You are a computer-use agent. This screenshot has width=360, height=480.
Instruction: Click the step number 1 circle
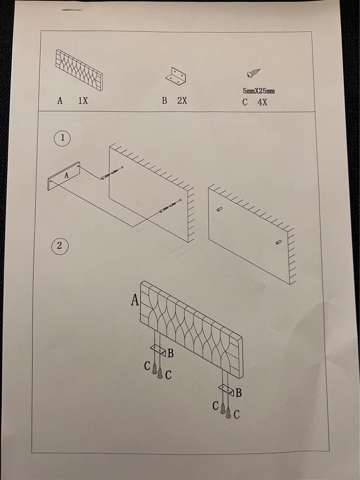click(62, 138)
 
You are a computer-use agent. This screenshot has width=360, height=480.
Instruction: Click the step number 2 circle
click(60, 246)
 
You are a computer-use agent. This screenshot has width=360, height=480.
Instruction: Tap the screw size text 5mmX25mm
click(259, 91)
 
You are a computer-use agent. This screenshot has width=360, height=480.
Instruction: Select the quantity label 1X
click(83, 100)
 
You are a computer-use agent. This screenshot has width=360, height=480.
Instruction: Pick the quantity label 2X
click(182, 100)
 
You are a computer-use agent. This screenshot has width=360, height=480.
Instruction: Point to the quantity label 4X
click(262, 102)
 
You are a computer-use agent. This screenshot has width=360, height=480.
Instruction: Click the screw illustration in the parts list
click(253, 74)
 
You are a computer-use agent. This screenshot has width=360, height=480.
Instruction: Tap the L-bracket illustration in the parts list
click(176, 76)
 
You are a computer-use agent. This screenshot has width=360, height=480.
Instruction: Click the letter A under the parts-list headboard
click(60, 100)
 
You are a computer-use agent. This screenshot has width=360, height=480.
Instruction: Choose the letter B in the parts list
click(164, 100)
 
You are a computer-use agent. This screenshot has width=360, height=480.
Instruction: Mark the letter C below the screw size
click(245, 102)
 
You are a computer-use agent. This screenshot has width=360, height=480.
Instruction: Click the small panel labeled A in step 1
click(64, 176)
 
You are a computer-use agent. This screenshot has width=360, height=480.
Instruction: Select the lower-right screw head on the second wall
click(278, 242)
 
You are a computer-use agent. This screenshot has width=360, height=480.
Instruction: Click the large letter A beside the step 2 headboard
click(135, 300)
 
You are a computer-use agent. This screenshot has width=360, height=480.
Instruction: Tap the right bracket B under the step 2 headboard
click(227, 390)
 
